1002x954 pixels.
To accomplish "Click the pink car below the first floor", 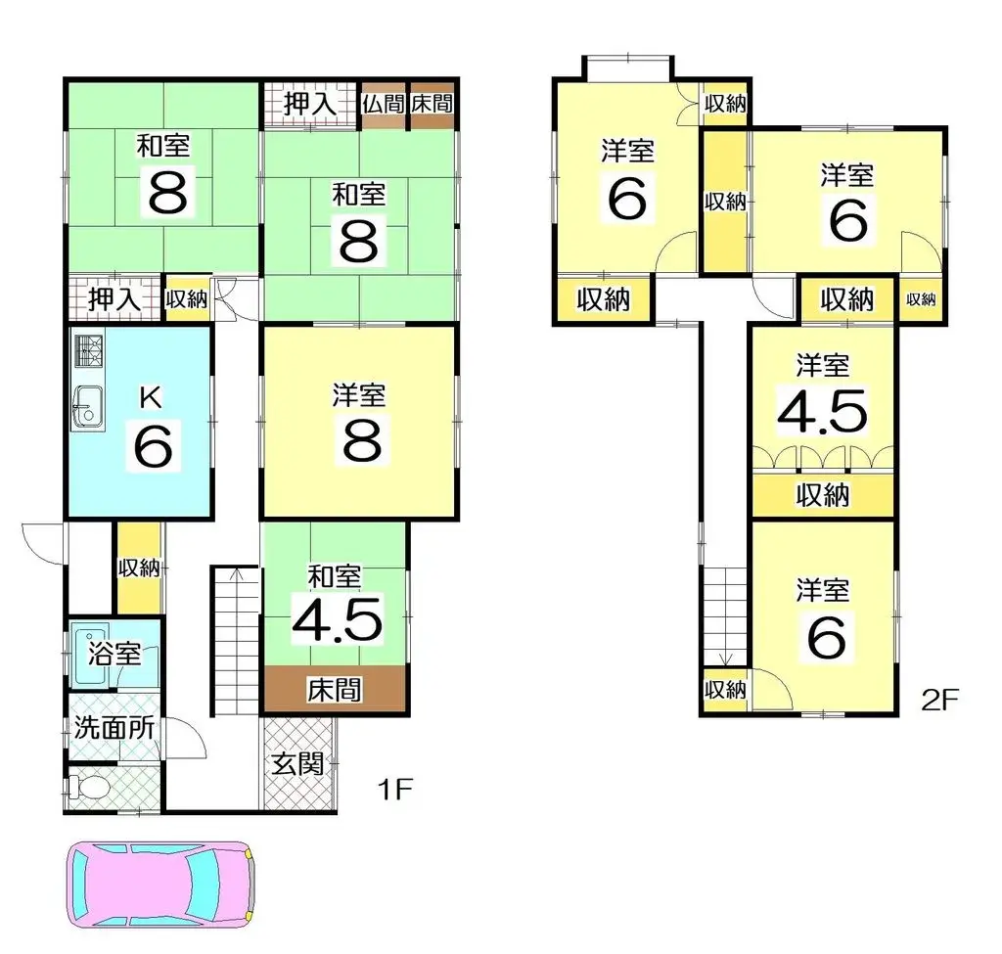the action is click(x=161, y=885).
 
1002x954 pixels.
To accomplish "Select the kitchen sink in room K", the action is click(x=87, y=408).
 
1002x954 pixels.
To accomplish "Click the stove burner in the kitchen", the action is click(x=89, y=351).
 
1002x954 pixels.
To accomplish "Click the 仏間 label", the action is click(x=384, y=104).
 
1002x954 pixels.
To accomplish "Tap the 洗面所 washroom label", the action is click(x=114, y=727).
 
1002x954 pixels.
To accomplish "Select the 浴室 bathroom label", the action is click(x=114, y=654).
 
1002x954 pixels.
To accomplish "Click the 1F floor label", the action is click(x=395, y=790).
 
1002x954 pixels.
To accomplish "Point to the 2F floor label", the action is click(x=940, y=700).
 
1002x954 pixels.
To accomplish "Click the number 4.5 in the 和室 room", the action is click(x=338, y=618).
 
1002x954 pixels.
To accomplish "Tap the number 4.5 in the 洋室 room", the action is click(x=822, y=410).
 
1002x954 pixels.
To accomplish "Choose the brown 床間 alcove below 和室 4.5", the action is click(x=336, y=688).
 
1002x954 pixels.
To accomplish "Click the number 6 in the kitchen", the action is click(x=154, y=445).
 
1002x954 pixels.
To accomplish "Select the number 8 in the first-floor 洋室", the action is click(x=362, y=440).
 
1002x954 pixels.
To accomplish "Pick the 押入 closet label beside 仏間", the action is click(x=310, y=104).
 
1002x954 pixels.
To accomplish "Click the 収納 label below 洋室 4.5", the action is click(x=823, y=494).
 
